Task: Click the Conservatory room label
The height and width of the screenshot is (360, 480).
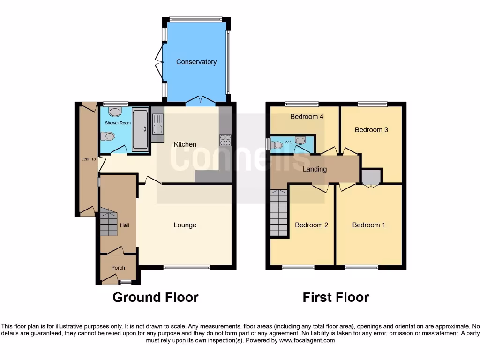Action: (x=196, y=62)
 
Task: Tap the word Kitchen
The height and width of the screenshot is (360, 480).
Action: (x=185, y=144)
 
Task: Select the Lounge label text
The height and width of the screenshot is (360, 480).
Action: (x=185, y=225)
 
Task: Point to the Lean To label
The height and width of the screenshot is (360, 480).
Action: (x=88, y=159)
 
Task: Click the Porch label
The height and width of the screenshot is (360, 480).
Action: (x=118, y=268)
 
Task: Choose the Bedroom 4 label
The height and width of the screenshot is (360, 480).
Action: (x=307, y=117)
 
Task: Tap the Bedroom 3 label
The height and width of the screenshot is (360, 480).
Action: (x=371, y=130)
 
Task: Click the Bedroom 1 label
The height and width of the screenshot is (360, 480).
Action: (x=369, y=225)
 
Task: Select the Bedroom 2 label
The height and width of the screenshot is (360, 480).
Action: (x=311, y=225)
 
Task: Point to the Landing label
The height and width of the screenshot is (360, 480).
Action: (x=315, y=169)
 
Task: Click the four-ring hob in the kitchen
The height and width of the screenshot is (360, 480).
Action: (x=225, y=140)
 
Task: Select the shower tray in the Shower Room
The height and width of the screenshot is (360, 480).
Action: (x=140, y=129)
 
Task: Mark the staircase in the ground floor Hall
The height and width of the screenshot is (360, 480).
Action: (x=108, y=223)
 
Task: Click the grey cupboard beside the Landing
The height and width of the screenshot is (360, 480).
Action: (x=371, y=177)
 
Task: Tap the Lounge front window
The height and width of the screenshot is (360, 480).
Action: (x=187, y=268)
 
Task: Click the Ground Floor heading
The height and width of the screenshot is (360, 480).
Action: (x=156, y=297)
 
